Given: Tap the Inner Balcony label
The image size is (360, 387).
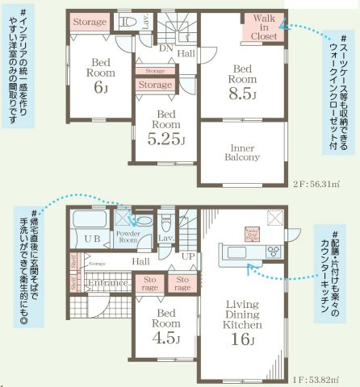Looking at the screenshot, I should click(x=241, y=152).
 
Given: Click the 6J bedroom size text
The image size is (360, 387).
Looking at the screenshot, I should click(x=100, y=88).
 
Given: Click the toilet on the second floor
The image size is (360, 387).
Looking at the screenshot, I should click(x=128, y=22).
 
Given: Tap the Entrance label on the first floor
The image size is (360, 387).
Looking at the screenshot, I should click(x=107, y=283).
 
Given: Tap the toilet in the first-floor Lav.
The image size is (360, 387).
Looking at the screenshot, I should click(x=167, y=221).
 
